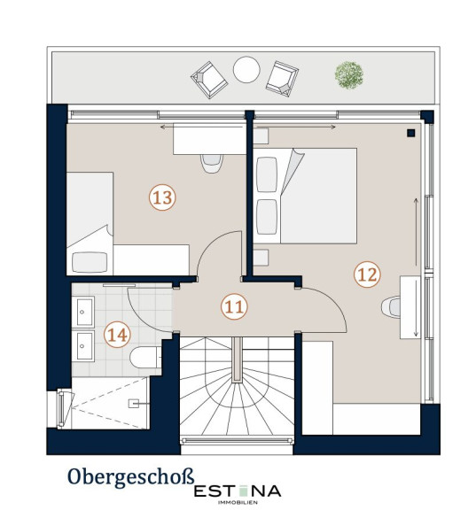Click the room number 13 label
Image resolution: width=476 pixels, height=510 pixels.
[x=162, y=197]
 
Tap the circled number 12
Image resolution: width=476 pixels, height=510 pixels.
[x=367, y=274]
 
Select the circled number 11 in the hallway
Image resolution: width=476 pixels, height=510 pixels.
[x=234, y=306]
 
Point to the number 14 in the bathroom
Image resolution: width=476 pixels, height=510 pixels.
[x=117, y=335]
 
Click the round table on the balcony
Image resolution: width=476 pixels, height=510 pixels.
[x=246, y=70]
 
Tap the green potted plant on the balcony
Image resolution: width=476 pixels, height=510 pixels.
[x=349, y=75]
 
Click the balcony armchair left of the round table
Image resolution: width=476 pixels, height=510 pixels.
[x=209, y=80]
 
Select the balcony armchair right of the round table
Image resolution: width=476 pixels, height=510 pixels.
[x=282, y=79]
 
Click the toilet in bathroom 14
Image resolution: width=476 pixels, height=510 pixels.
[x=145, y=357]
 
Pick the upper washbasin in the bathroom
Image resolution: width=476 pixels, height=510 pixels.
[x=84, y=312]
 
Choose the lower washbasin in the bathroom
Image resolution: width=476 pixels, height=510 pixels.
[x=84, y=346]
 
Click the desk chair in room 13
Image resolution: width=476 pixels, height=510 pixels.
[x=212, y=163]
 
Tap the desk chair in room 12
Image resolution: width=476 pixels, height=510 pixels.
[x=391, y=307]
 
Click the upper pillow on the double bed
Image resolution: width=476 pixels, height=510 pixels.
[x=267, y=174]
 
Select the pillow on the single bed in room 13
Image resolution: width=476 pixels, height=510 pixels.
[x=90, y=262]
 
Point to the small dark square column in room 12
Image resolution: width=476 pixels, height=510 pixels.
[x=411, y=133]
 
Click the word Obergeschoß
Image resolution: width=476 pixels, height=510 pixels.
[x=131, y=477]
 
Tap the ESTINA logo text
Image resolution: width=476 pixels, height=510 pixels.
[x=238, y=491]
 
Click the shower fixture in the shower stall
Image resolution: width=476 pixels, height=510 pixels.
[x=134, y=404]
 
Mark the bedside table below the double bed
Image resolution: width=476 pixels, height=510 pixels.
[x=261, y=258]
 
